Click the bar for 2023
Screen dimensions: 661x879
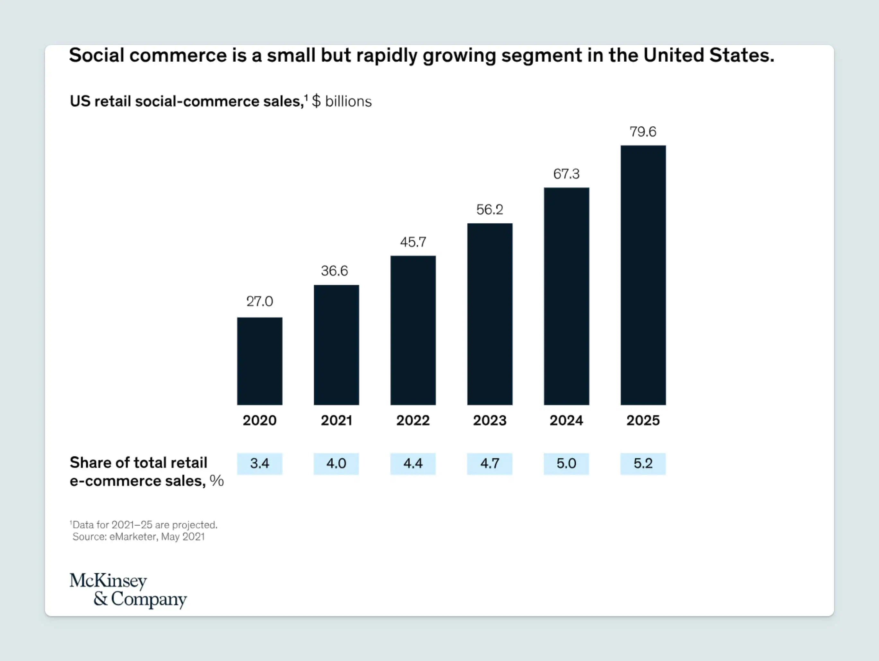tap(490, 314)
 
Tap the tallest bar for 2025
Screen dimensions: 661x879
tap(643, 275)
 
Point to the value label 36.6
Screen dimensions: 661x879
tap(334, 271)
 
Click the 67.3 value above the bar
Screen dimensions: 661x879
tap(566, 174)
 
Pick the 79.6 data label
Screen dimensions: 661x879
tap(643, 132)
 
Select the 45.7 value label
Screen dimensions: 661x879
tap(413, 242)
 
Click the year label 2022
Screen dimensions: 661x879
tap(413, 420)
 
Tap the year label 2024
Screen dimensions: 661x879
tap(566, 420)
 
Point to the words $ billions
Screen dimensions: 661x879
tap(342, 102)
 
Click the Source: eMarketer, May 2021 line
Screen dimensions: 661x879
tap(138, 537)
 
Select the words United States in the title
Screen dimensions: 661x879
tap(709, 55)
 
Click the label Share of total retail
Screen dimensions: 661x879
tap(138, 462)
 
